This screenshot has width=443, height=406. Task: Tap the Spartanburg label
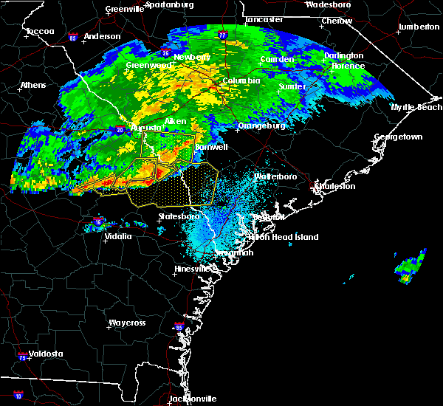click(169, 4)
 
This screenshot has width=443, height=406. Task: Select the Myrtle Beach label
click(417, 107)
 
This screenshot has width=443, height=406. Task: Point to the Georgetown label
click(398, 137)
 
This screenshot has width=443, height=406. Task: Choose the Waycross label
click(126, 323)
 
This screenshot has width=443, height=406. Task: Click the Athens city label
click(33, 85)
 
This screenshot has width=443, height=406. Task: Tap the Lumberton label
click(419, 27)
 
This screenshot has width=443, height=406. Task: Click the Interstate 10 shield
click(18, 396)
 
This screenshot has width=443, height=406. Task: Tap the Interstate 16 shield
click(98, 221)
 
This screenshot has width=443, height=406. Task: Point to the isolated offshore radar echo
click(411, 266)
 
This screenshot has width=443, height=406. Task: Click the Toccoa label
click(35, 32)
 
